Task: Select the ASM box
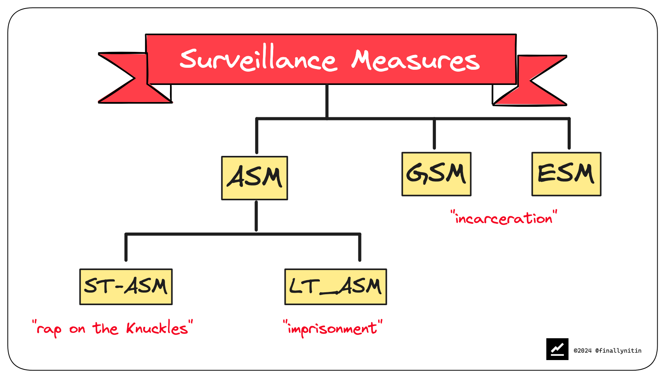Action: tap(254, 178)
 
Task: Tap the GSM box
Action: tap(436, 174)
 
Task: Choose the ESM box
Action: tap(566, 174)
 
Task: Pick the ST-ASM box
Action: tap(126, 287)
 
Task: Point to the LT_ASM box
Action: tap(335, 287)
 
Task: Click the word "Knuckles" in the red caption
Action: tap(157, 329)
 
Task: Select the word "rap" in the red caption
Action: tap(49, 330)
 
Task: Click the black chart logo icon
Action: tap(557, 349)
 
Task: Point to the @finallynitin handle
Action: tap(618, 351)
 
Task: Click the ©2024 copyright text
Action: tap(583, 351)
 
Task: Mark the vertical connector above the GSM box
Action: tap(434, 134)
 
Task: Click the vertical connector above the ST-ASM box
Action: tap(126, 247)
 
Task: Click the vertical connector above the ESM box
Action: tap(569, 134)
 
